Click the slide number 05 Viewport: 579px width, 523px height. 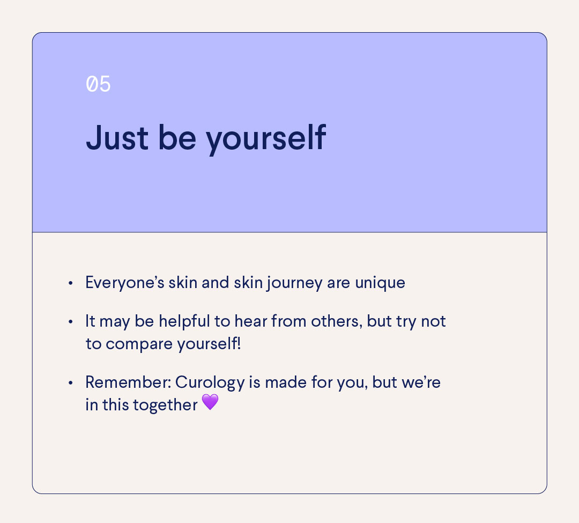[x=98, y=85]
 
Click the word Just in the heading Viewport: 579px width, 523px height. [x=116, y=137]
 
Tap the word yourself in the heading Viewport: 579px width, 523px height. [x=266, y=138]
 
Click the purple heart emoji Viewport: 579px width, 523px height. [x=210, y=402]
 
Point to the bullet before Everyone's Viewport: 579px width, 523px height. [x=70, y=283]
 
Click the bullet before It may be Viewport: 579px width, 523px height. [x=70, y=322]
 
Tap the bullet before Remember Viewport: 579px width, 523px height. [x=70, y=383]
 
